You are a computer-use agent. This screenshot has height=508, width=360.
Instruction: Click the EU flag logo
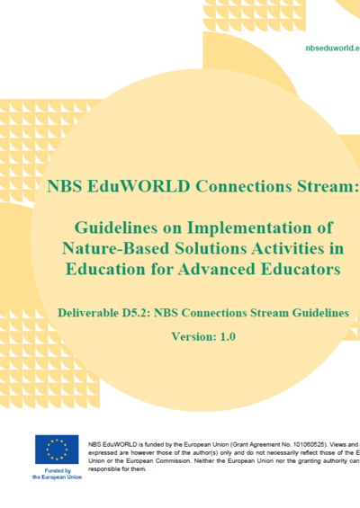point(57,450)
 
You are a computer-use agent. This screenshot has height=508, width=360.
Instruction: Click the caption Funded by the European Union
point(57,473)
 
